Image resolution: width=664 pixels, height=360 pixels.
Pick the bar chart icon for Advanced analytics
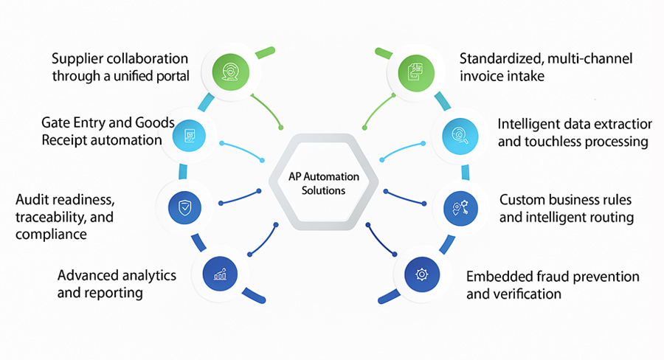click(219, 274)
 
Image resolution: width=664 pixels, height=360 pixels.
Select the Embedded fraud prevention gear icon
click(421, 274)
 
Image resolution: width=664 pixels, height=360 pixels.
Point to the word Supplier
click(77, 58)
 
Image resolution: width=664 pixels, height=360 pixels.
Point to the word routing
click(610, 218)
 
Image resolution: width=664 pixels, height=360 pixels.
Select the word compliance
click(49, 235)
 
